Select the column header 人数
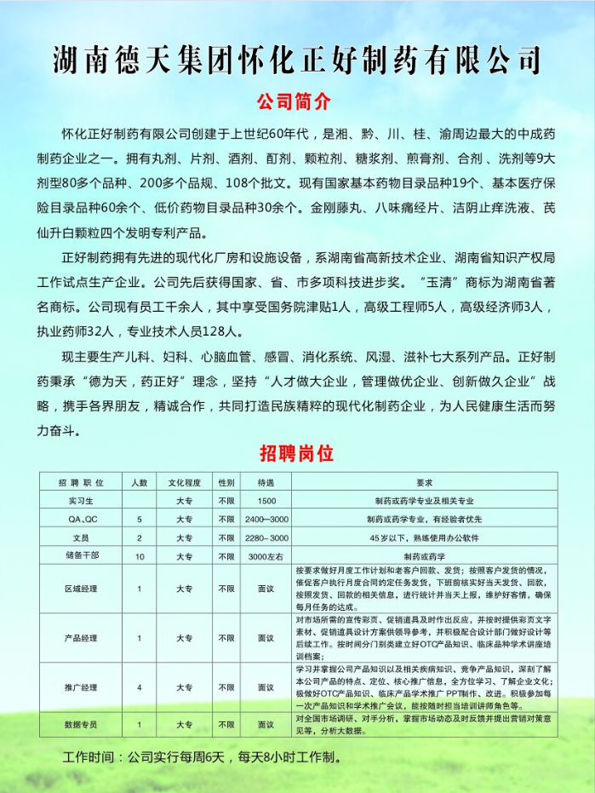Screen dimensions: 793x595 pyautogui.click(x=140, y=482)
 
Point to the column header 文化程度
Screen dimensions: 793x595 pyautogui.click(x=184, y=482)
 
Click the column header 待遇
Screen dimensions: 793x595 pyautogui.click(x=266, y=482)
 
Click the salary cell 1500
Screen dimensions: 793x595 pyautogui.click(x=266, y=501)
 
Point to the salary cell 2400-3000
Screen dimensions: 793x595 pyautogui.click(x=266, y=519)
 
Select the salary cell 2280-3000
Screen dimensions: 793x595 pyautogui.click(x=266, y=537)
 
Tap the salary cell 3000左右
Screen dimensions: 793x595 pyautogui.click(x=266, y=555)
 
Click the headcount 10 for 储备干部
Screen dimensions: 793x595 pyautogui.click(x=140, y=555)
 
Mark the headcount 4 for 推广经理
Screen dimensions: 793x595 pyautogui.click(x=140, y=687)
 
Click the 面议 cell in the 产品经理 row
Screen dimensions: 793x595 pyautogui.click(x=266, y=637)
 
